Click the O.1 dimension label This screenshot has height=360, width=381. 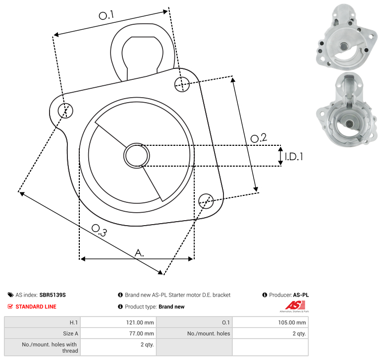click(107, 15)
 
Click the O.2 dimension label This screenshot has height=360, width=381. click(259, 138)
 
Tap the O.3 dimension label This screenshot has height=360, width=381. click(99, 231)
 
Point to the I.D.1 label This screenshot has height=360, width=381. click(294, 157)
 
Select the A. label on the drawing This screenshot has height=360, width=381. click(139, 253)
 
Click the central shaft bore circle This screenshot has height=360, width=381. click(137, 156)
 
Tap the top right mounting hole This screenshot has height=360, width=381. click(182, 84)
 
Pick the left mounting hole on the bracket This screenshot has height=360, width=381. click(65, 111)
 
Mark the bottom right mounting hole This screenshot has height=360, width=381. click(206, 201)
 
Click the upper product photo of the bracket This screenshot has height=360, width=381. click(347, 37)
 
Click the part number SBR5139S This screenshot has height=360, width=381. click(53, 295)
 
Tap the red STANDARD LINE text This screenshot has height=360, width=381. click(36, 307)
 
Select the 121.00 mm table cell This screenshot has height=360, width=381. click(118, 322)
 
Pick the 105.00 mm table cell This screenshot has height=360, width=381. click(271, 322)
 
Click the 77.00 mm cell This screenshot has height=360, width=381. click(118, 333)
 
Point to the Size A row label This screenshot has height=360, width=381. click(71, 334)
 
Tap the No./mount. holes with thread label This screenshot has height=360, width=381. click(50, 348)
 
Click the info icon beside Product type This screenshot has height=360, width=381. click(120, 306)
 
